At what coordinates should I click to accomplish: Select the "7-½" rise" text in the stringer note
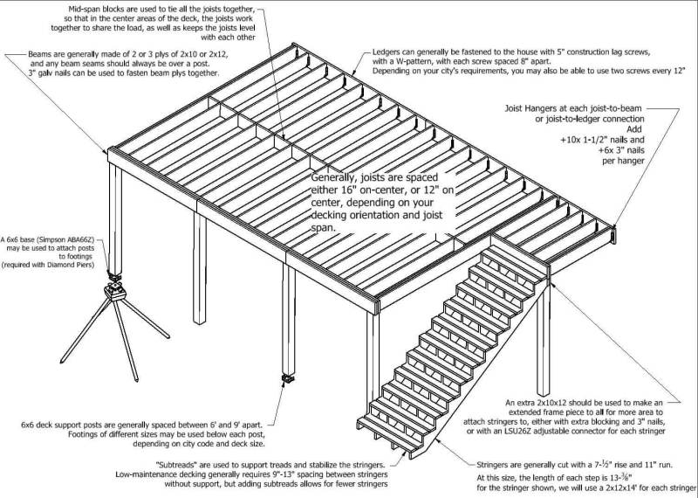[610, 467]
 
